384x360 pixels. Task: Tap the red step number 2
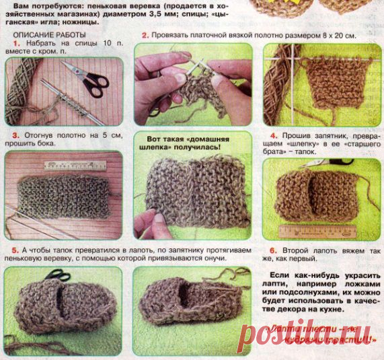pyautogui.click(x=145, y=35)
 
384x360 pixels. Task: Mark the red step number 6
pyautogui.click(x=273, y=248)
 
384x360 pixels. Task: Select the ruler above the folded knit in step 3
pyautogui.click(x=75, y=165)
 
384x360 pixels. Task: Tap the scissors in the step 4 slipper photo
pyautogui.click(x=336, y=161)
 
